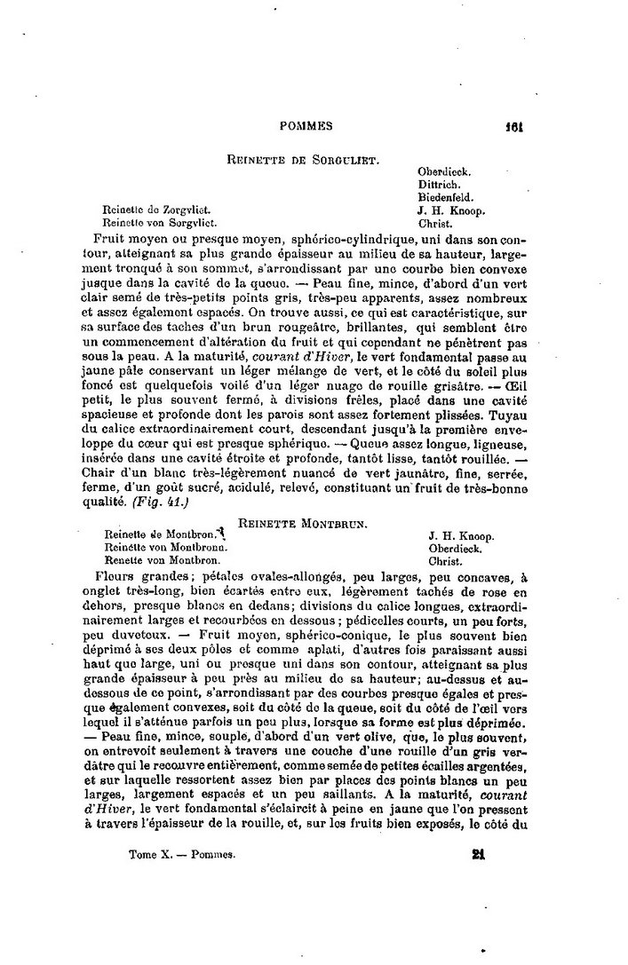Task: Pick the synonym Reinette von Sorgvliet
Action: tap(160, 223)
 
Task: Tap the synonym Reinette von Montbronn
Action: tap(163, 549)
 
